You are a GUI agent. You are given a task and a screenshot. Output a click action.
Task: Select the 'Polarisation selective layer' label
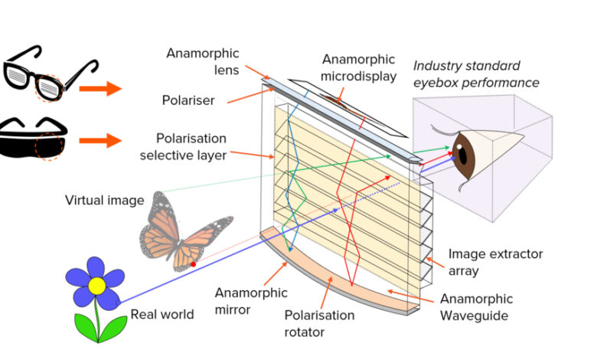[191, 147]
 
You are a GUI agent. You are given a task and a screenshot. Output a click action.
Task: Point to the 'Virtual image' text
[105, 201]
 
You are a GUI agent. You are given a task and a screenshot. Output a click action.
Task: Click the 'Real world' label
[161, 313]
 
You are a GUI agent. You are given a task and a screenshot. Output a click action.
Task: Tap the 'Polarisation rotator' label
[319, 322]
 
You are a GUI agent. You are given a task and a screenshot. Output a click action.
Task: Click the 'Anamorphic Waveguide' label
[476, 306]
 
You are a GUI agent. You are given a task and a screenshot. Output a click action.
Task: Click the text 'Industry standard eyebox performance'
[476, 75]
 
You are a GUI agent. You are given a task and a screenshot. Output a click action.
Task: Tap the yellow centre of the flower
[97, 286]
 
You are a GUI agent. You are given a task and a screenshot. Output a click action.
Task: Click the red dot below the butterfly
[192, 264]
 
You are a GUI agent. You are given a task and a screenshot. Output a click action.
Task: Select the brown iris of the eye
[465, 153]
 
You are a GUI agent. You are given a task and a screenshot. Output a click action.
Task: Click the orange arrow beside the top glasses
[101, 89]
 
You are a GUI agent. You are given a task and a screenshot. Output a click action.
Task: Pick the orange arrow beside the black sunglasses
[101, 141]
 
